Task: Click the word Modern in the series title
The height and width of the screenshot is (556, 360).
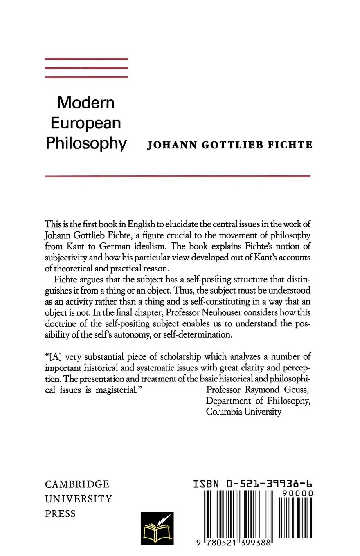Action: click(x=86, y=102)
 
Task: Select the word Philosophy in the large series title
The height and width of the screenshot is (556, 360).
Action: click(x=86, y=143)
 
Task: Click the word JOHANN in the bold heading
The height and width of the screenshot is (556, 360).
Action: click(x=172, y=145)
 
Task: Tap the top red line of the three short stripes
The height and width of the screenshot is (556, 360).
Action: click(x=86, y=59)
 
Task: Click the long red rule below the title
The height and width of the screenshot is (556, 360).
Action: click(x=178, y=176)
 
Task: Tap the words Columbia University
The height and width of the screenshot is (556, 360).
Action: click(x=244, y=412)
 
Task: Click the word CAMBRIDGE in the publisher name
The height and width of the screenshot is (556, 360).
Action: click(x=77, y=484)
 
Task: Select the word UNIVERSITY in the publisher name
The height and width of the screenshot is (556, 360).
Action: click(x=79, y=499)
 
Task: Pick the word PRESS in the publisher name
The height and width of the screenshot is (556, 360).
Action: click(x=61, y=514)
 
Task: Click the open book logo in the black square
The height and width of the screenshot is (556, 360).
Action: click(x=157, y=528)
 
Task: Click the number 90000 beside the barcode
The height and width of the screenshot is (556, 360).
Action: click(x=298, y=494)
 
